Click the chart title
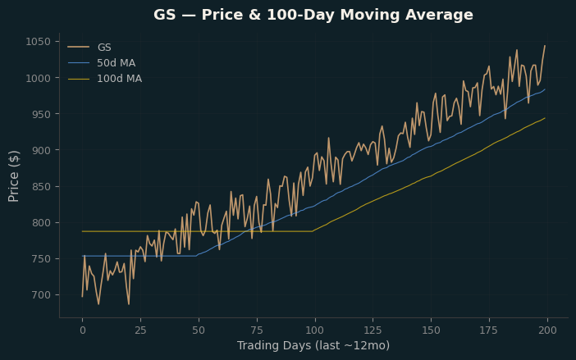tap(313, 15)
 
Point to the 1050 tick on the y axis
tap(38, 42)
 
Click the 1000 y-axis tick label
tap(38, 78)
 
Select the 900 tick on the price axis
tap(41, 150)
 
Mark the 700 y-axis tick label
tap(41, 295)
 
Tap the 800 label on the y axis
tap(41, 223)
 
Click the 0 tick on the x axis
tap(83, 330)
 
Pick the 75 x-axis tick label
tap(257, 330)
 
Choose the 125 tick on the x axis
tap(373, 330)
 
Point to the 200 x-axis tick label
tap(547, 330)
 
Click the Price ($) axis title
tap(14, 176)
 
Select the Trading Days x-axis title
tap(313, 346)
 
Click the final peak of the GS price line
tap(545, 46)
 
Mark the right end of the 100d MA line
tap(545, 118)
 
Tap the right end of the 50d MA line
tap(545, 89)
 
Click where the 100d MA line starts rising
tap(313, 231)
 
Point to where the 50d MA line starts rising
tap(196, 256)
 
